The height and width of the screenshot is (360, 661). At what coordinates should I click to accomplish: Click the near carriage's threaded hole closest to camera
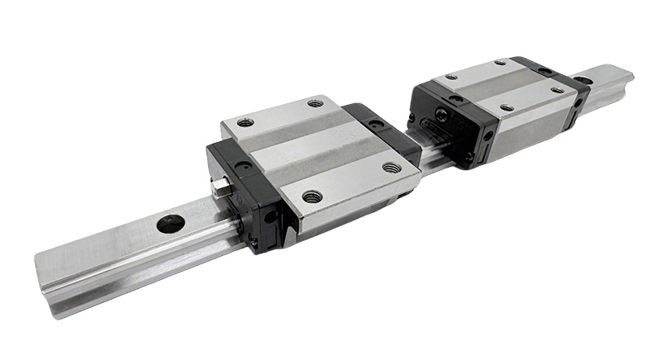pyautogui.click(x=311, y=197)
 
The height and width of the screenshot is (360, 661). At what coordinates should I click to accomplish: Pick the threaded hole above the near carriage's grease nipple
pyautogui.click(x=244, y=122)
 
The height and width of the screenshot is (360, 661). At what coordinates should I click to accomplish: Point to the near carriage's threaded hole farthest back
pyautogui.click(x=315, y=103)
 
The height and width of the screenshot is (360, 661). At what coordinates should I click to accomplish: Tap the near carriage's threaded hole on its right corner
pyautogui.click(x=392, y=168)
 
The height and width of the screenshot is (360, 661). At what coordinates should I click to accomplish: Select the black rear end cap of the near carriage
pyautogui.click(x=380, y=132)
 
